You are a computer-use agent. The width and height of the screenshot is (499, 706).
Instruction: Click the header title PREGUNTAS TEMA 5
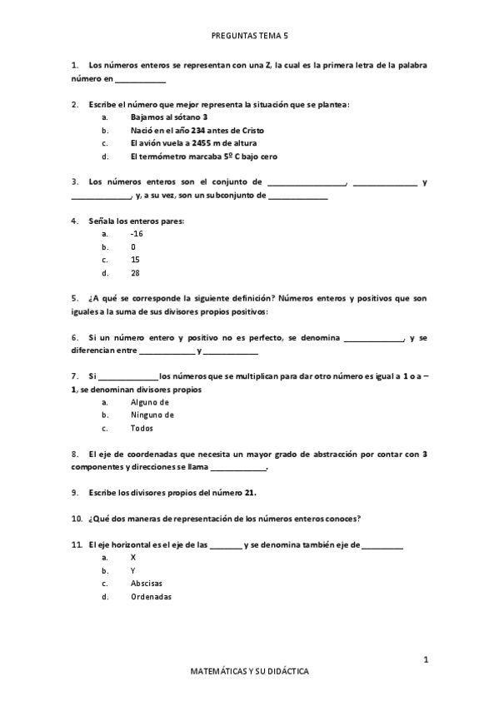pos(250,37)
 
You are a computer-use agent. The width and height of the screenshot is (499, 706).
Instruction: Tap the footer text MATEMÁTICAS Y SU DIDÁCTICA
pos(250,669)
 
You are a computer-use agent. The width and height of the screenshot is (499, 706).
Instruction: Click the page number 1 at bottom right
pos(426,660)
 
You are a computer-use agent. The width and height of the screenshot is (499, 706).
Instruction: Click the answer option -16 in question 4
pos(137,234)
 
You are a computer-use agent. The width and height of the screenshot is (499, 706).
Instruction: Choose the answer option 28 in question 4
pos(135,272)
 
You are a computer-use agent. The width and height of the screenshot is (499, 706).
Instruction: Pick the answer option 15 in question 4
pos(135,260)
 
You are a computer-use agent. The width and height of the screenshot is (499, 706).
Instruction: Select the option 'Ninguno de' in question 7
pos(152,415)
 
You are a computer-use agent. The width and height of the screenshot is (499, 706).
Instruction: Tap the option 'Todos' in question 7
pos(142,428)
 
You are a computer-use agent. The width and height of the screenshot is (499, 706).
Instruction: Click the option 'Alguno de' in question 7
pos(150,402)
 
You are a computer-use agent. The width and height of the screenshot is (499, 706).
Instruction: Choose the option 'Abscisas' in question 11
pos(147,583)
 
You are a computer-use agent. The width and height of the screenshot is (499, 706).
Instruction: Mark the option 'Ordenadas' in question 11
pos(151,596)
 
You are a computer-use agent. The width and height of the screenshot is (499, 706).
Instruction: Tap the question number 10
pos(76,518)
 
